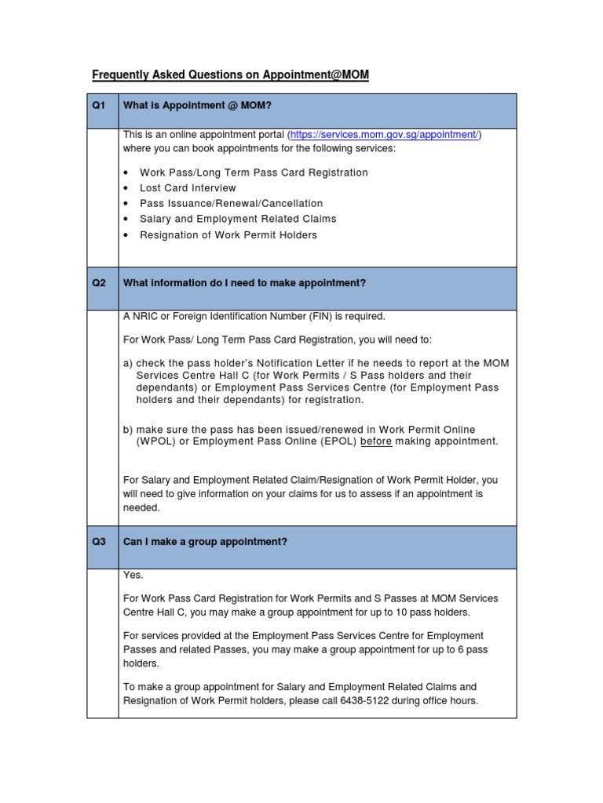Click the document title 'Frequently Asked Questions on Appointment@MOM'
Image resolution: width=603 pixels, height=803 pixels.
[x=230, y=75]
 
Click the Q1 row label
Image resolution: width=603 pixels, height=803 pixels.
[x=99, y=105]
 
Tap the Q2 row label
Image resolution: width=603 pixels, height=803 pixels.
[x=99, y=282]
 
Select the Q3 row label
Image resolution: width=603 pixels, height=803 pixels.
[x=99, y=542]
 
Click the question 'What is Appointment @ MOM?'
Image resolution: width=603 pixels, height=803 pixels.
[x=197, y=105]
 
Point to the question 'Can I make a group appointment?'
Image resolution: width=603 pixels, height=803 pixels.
[x=205, y=542]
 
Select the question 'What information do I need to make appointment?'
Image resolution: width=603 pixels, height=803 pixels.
[x=244, y=282]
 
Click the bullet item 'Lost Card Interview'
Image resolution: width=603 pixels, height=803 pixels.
[x=188, y=188]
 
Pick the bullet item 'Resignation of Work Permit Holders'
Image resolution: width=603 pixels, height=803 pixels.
[x=228, y=235]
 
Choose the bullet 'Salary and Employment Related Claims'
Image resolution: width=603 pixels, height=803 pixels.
[x=238, y=220]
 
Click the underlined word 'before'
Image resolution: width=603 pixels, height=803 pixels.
[x=376, y=441]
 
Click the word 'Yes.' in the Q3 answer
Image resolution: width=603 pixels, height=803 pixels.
[x=133, y=576]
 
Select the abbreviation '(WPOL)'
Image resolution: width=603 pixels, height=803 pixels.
[x=155, y=441]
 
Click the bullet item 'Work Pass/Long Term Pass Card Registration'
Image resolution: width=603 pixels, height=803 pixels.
[x=254, y=173]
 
